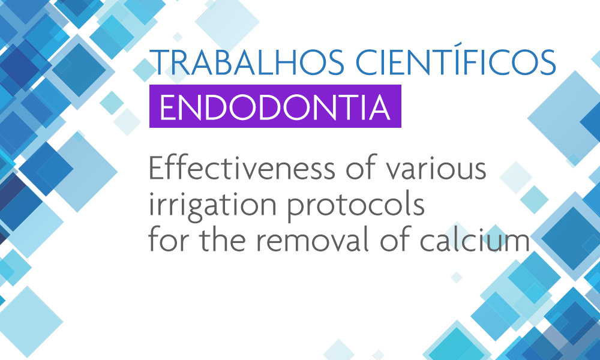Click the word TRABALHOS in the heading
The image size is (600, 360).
coord(247,62)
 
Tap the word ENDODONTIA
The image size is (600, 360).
coord(275,107)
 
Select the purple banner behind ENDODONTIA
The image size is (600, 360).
coord(275,106)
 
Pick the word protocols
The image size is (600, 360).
coord(356,206)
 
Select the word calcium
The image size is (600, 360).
coord(475,241)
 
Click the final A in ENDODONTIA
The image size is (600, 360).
coord(379,107)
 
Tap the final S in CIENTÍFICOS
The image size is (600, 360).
coord(547,62)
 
